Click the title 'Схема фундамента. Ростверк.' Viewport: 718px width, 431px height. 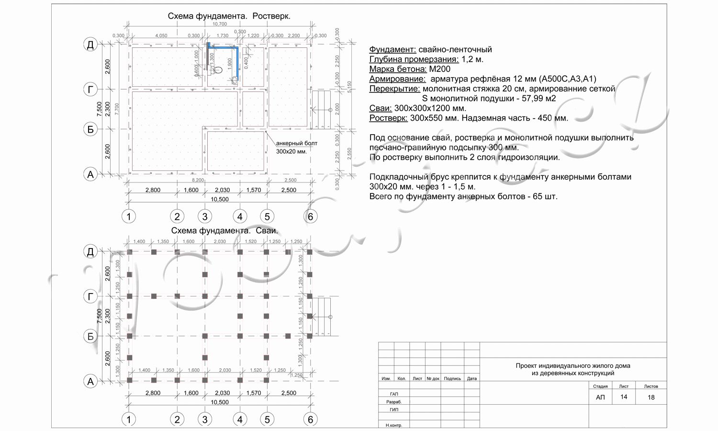[x=229, y=16]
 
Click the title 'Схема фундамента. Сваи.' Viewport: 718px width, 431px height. [x=224, y=231]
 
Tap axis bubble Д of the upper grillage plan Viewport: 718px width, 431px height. [x=90, y=45]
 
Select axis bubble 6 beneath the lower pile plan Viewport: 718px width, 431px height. [x=310, y=420]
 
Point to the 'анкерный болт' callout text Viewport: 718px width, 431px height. [x=297, y=143]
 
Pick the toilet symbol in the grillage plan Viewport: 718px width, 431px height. [x=218, y=70]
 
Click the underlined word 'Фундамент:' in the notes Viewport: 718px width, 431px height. [x=393, y=50]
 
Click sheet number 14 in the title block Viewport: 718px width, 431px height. [x=623, y=397]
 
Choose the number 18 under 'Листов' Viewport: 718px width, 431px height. [x=651, y=397]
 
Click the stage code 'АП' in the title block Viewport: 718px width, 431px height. [x=600, y=397]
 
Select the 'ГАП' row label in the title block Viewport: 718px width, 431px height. [x=394, y=394]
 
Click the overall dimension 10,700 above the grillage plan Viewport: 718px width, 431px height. [x=219, y=24]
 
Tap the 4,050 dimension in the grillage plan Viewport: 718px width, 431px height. [x=161, y=36]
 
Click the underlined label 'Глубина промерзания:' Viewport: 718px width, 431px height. [x=414, y=59]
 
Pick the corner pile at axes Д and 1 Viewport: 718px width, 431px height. [x=130, y=252]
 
